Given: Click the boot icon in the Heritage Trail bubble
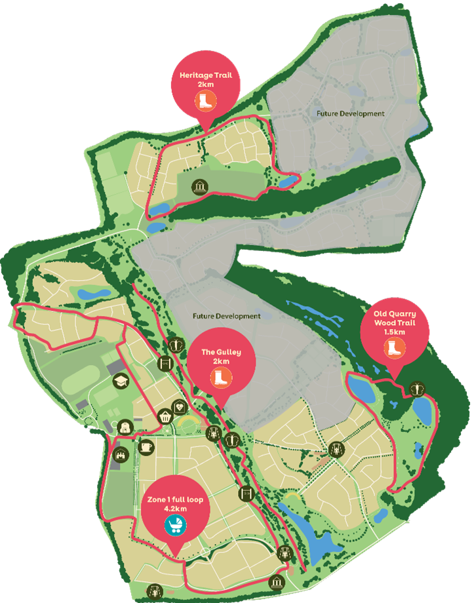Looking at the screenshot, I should point(205,100).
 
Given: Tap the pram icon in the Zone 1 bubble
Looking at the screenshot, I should point(175,524).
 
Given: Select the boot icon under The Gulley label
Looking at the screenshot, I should point(221,377).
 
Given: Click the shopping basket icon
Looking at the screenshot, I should point(165,416).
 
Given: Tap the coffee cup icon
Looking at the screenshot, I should point(146,446).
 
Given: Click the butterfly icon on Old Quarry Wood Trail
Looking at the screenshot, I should point(417,389).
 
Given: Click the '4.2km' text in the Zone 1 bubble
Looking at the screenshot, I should point(175,508).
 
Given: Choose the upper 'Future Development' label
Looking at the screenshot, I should point(350,113).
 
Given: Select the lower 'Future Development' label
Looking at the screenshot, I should point(226,316).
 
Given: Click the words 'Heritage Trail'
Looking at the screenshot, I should point(205,75).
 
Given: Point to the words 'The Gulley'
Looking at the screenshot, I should point(221,352).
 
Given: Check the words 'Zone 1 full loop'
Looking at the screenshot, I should point(175,499).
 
